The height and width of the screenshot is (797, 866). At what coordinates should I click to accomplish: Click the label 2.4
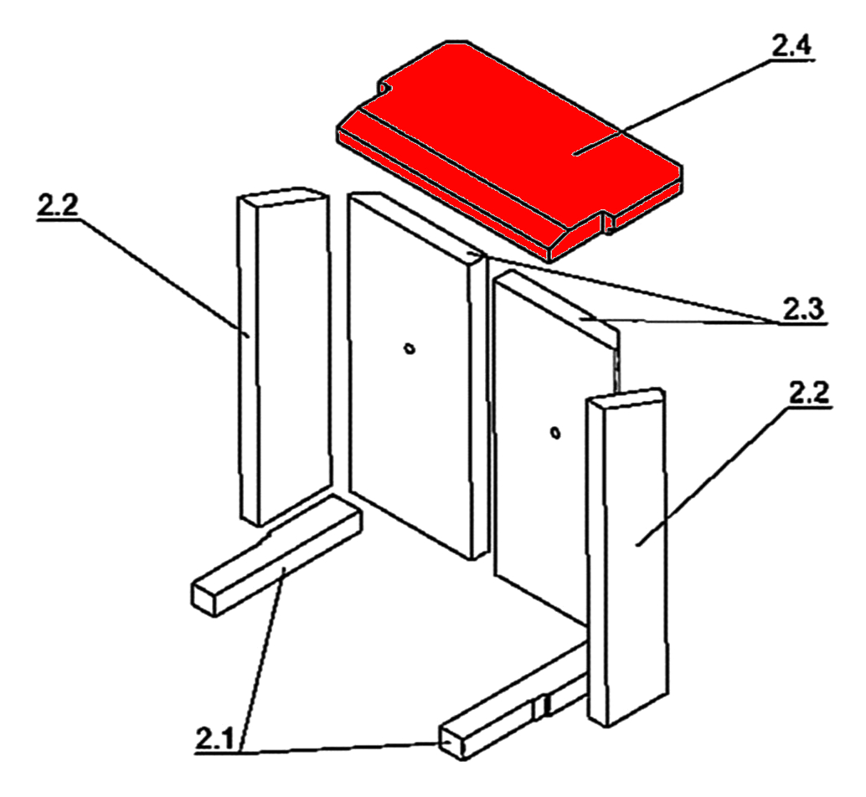click(x=791, y=45)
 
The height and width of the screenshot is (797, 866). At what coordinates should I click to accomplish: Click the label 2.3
click(x=803, y=310)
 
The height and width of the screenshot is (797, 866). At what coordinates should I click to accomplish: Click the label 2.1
click(x=215, y=738)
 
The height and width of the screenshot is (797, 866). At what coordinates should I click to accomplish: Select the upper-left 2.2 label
click(x=58, y=205)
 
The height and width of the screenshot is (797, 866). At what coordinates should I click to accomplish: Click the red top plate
click(x=508, y=149)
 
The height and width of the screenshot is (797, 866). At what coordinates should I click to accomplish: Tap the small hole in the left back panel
click(x=410, y=348)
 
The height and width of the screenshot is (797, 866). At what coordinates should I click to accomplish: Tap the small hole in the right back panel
click(x=555, y=433)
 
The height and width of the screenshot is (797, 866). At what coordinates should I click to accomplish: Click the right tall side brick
click(x=628, y=558)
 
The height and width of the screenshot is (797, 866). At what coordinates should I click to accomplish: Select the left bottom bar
click(x=276, y=555)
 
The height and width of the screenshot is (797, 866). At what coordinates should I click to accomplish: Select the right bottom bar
click(x=513, y=701)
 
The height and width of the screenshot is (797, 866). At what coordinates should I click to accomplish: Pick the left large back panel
click(x=418, y=375)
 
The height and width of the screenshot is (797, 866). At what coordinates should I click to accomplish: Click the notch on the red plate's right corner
click(x=606, y=222)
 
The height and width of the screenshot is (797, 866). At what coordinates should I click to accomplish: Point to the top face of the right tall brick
click(x=626, y=398)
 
